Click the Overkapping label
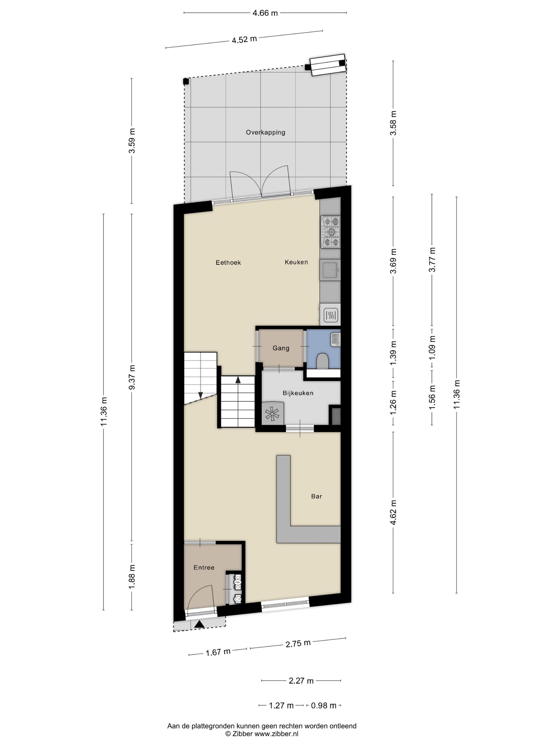click(x=265, y=132)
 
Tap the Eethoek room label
click(x=228, y=262)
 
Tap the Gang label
click(x=281, y=348)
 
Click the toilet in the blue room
click(x=322, y=361)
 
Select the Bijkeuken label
click(x=298, y=393)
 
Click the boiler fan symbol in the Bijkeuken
click(x=273, y=414)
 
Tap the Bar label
click(x=316, y=496)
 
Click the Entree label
click(x=204, y=567)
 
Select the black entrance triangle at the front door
click(x=199, y=624)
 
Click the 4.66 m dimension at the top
click(x=265, y=13)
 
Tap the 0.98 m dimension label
click(x=323, y=705)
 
